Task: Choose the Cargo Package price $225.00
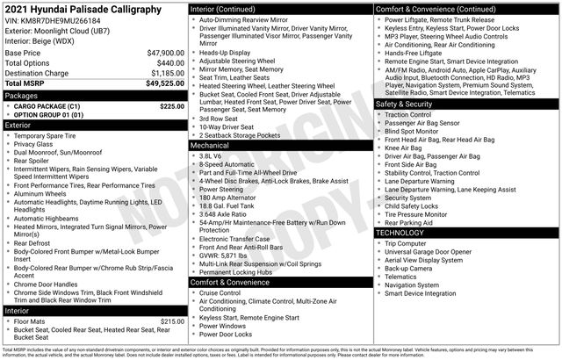[x=171, y=105]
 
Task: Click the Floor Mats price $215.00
[x=171, y=321]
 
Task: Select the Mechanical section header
[x=211, y=145]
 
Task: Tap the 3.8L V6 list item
[x=210, y=155]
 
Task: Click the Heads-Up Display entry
[x=225, y=53]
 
